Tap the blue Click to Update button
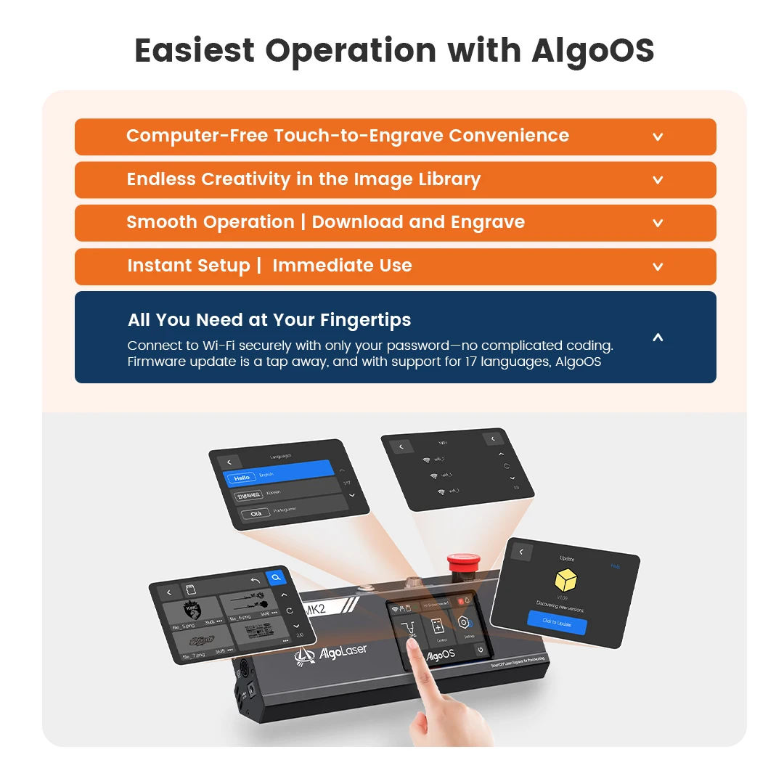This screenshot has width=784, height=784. [x=557, y=622]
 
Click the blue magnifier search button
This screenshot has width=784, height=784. [x=276, y=578]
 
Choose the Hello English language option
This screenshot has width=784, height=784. [x=242, y=478]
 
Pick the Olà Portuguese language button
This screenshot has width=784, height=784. [x=256, y=513]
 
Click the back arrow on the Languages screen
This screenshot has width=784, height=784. [x=229, y=462]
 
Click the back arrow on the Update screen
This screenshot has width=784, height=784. [x=520, y=552]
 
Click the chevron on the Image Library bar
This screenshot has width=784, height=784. [x=658, y=180]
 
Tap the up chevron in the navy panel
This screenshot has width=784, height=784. [x=658, y=338]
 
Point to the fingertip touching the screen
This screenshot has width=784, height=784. [x=412, y=640]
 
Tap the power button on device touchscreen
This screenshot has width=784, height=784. [x=481, y=650]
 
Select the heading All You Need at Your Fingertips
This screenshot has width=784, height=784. [x=269, y=320]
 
